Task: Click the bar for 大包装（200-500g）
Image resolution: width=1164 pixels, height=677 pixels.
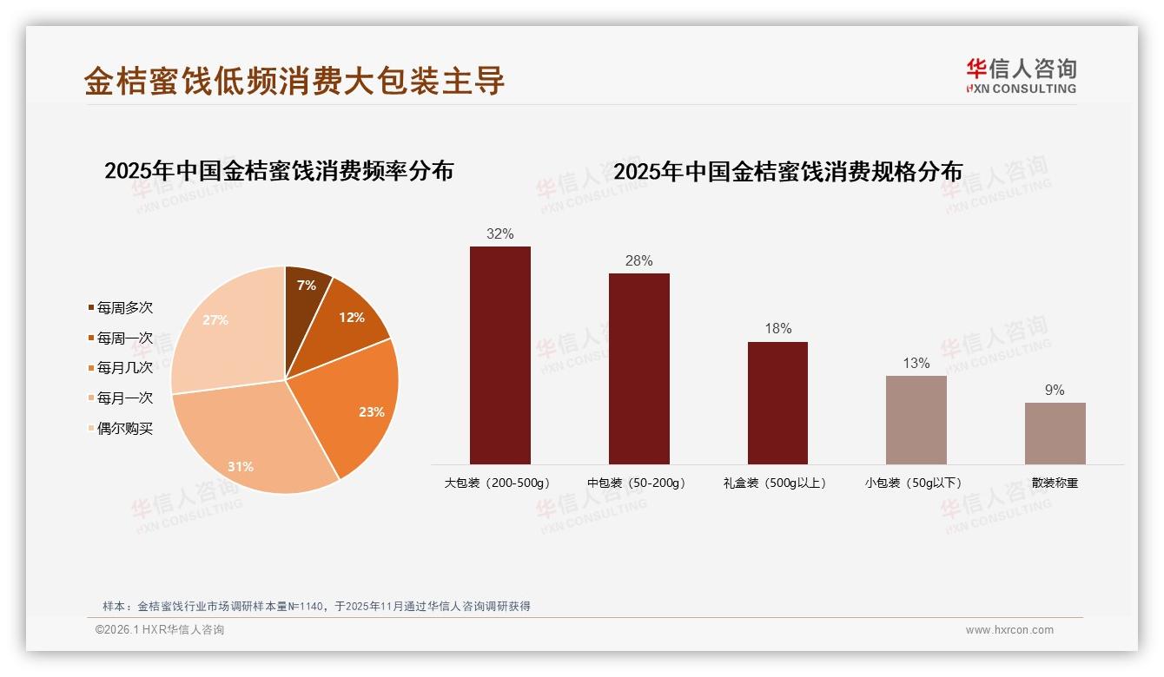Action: click(500, 356)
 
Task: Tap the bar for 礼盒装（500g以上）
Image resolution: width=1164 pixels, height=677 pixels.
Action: click(777, 404)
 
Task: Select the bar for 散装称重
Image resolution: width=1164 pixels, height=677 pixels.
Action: click(1055, 434)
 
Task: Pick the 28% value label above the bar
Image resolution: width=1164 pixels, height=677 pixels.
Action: click(638, 260)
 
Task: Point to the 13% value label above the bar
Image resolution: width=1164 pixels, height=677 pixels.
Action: click(916, 363)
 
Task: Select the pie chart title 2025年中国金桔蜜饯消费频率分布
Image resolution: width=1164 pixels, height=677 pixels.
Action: click(279, 170)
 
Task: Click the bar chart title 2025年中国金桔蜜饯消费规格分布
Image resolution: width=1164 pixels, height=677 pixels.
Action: click(788, 172)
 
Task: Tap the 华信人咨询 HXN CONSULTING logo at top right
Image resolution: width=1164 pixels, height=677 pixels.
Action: click(1021, 76)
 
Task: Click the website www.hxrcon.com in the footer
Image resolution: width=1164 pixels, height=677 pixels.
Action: click(1009, 630)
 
